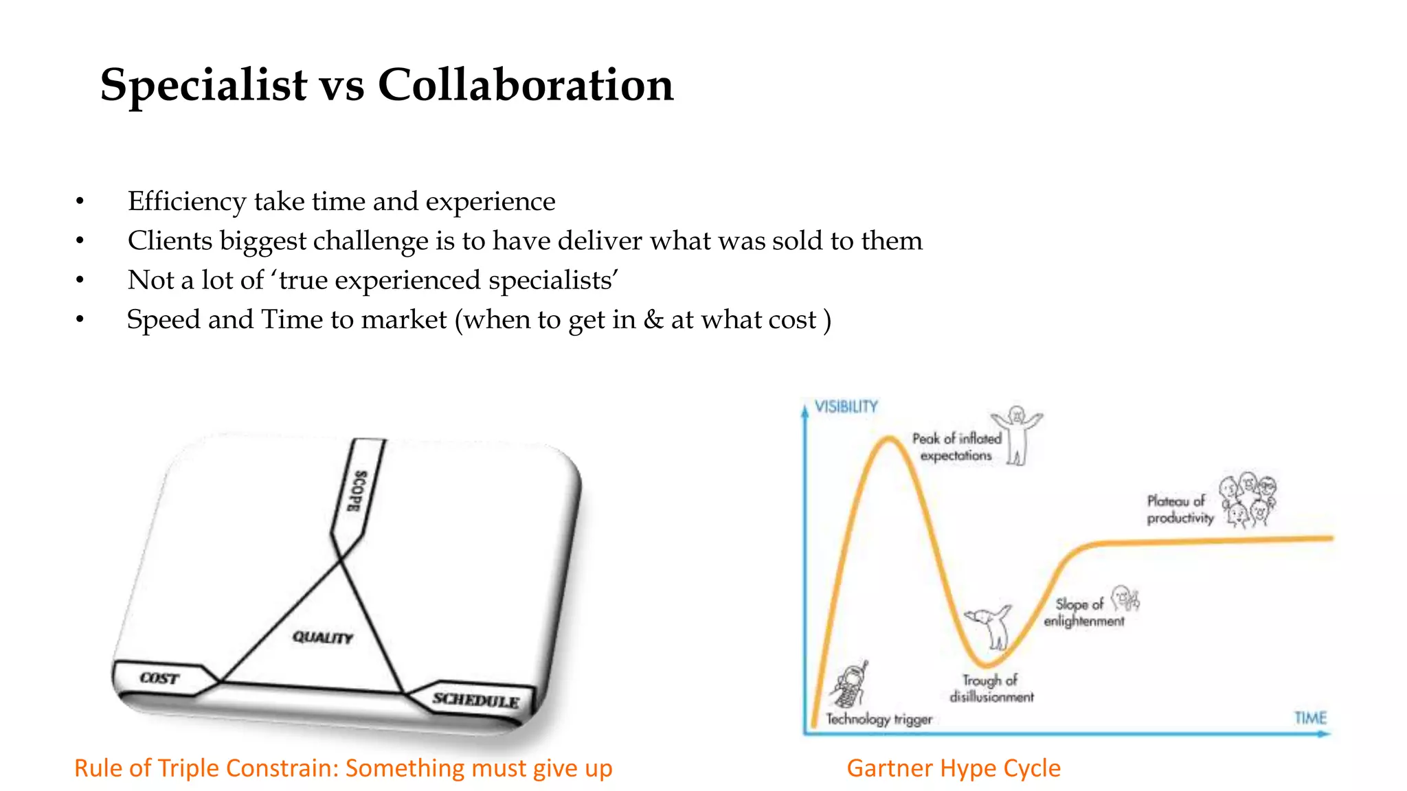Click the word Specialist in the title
[203, 86]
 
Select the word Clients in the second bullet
[170, 241]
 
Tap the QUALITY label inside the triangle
[322, 638]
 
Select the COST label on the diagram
[159, 678]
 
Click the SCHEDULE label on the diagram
[475, 700]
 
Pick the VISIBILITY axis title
[846, 406]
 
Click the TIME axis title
[1310, 718]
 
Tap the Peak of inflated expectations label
[956, 447]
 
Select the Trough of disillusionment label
[991, 689]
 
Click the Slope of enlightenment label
[1083, 612]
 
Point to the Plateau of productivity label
[1180, 509]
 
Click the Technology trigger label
[879, 719]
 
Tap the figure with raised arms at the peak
[1017, 435]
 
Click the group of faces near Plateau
[1248, 500]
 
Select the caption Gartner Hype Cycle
[953, 768]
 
